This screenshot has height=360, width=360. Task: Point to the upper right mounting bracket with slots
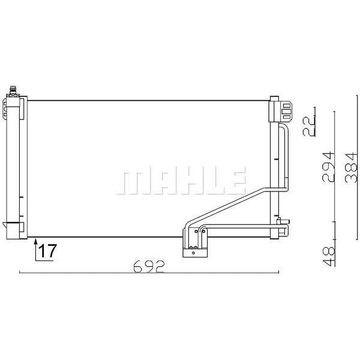pyautogui.click(x=282, y=110)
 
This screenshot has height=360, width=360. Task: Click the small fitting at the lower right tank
pyautogui.click(x=282, y=226)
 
